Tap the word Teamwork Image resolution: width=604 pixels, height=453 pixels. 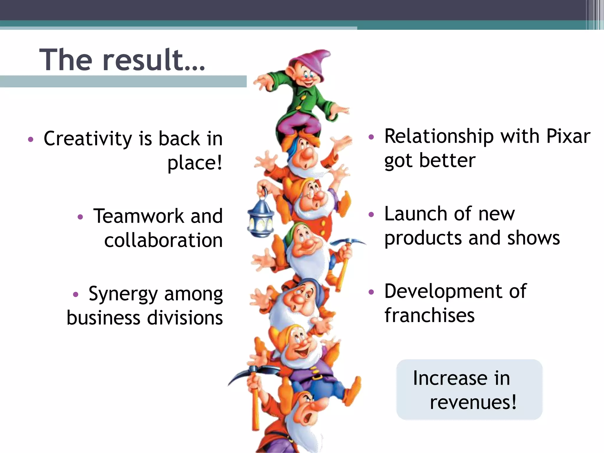tap(139, 216)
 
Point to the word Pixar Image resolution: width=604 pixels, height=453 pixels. tap(568, 137)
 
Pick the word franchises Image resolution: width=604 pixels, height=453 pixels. tap(429, 315)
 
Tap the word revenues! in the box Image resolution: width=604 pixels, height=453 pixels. tap(473, 402)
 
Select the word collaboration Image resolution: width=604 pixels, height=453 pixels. tap(163, 240)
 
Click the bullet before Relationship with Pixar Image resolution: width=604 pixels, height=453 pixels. tap(371, 137)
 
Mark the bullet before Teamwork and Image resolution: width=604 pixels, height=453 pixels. tap(80, 217)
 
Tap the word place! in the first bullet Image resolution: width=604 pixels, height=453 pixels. tap(195, 163)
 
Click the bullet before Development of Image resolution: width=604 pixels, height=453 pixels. tap(371, 292)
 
